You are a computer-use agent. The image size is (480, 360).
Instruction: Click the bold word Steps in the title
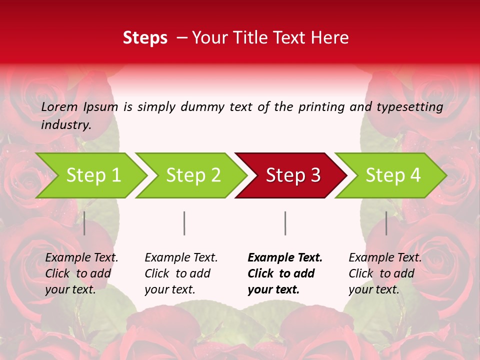click(145, 38)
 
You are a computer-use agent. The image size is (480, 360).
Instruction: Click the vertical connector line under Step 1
click(84, 223)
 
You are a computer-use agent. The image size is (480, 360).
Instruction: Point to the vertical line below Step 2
click(184, 223)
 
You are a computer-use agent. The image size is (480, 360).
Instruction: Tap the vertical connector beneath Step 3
click(285, 223)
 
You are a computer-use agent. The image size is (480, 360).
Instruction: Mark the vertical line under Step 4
click(386, 223)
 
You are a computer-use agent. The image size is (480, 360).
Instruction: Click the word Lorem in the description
click(59, 106)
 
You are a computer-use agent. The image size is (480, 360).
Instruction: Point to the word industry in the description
click(66, 124)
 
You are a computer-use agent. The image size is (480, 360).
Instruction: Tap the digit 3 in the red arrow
click(315, 175)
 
